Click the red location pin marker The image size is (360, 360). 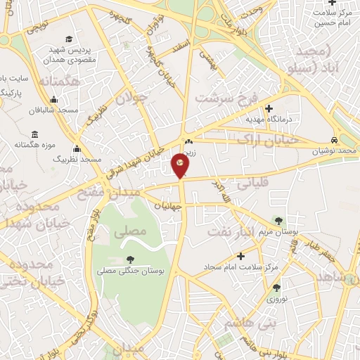(180, 165)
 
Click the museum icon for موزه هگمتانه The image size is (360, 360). (34, 134)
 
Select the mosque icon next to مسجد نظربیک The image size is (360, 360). (77, 148)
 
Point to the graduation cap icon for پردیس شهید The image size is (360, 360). (68, 39)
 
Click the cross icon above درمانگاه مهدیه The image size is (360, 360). (269, 108)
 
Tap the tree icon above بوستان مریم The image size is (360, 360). (280, 221)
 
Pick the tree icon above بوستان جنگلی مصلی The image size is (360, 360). (131, 259)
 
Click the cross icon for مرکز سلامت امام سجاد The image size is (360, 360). (241, 257)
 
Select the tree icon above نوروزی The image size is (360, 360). (276, 287)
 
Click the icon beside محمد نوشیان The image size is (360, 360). (334, 140)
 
